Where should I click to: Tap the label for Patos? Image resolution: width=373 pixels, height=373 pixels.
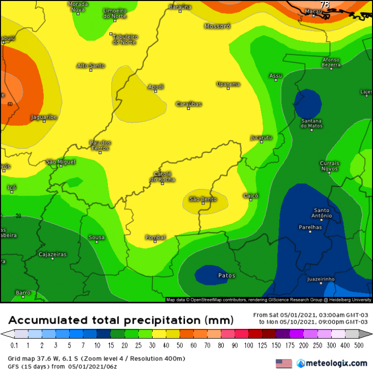pos(227,275)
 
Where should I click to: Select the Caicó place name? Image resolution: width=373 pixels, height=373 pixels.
pos(251,196)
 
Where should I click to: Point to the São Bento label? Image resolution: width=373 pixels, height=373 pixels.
pos(203,199)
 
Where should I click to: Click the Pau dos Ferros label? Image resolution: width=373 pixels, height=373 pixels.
pos(100,145)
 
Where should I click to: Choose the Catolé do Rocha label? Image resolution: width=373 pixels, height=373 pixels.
pos(163,177)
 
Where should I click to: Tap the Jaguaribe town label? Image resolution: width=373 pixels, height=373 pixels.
pos(44,117)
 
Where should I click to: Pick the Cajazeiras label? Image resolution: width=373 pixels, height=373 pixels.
pos(52,254)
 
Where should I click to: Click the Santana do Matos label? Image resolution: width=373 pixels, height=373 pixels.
pos(311,123)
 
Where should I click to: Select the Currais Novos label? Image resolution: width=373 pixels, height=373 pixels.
pos(329,166)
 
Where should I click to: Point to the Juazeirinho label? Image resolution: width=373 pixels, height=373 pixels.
pos(321,279)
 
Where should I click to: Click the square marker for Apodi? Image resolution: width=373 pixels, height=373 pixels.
pos(155,92)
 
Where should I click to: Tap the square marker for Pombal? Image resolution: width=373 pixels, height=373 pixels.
pos(155,242)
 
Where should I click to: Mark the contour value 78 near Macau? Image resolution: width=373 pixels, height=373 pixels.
pos(325,5)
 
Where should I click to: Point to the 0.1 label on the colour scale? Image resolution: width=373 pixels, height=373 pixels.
pos(15,345)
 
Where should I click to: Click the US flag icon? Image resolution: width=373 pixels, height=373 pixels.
pos(283,364)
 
